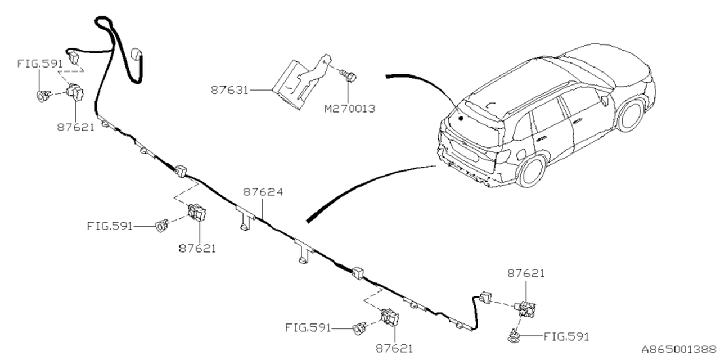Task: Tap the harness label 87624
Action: click(263, 192)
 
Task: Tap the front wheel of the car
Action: click(630, 115)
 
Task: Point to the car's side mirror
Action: click(605, 101)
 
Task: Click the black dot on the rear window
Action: click(460, 119)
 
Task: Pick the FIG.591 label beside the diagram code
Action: click(566, 336)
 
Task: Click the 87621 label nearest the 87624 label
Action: click(197, 247)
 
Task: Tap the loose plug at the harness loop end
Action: click(136, 55)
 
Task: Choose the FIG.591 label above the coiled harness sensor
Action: click(39, 64)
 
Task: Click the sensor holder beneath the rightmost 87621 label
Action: click(527, 309)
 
